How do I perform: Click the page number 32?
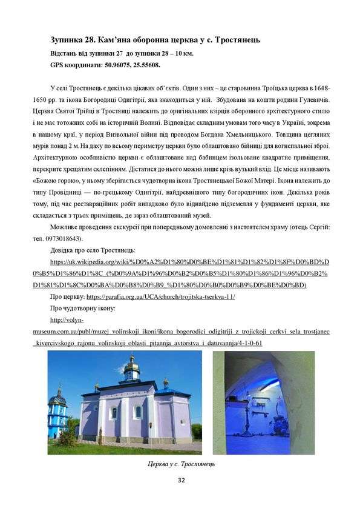point(181,480)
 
